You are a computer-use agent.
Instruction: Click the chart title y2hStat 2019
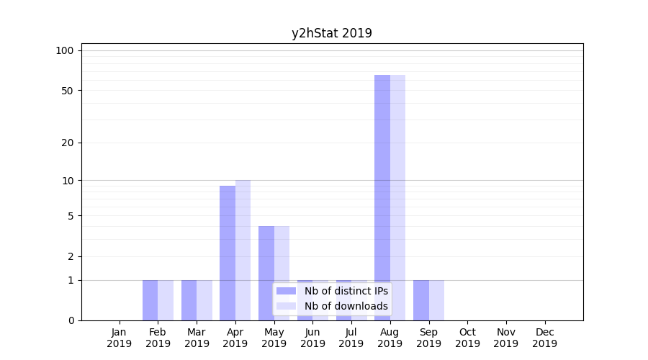coord(331,33)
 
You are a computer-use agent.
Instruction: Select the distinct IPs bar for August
coord(382,197)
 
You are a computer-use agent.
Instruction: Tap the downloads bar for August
coord(397,197)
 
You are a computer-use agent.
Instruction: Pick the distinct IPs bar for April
coord(228,253)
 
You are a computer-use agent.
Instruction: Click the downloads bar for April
coord(243,250)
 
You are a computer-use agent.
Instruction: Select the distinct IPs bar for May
coord(266,273)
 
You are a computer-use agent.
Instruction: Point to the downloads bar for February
coord(166,300)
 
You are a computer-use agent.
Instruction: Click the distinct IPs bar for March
coord(189,300)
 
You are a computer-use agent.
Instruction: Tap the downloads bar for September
coord(436,300)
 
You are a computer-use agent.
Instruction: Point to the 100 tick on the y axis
coord(65,50)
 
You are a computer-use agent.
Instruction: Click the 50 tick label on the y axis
coord(68,91)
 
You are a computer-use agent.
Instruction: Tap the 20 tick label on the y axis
coord(68,143)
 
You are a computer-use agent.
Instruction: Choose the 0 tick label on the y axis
coord(71,320)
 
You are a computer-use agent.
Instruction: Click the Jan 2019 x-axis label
coord(120,338)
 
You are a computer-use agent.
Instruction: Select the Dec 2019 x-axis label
coord(544,338)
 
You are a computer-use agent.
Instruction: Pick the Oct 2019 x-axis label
coord(467,338)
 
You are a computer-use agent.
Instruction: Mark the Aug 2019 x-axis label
coord(390,338)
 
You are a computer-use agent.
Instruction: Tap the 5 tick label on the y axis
coord(71,216)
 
